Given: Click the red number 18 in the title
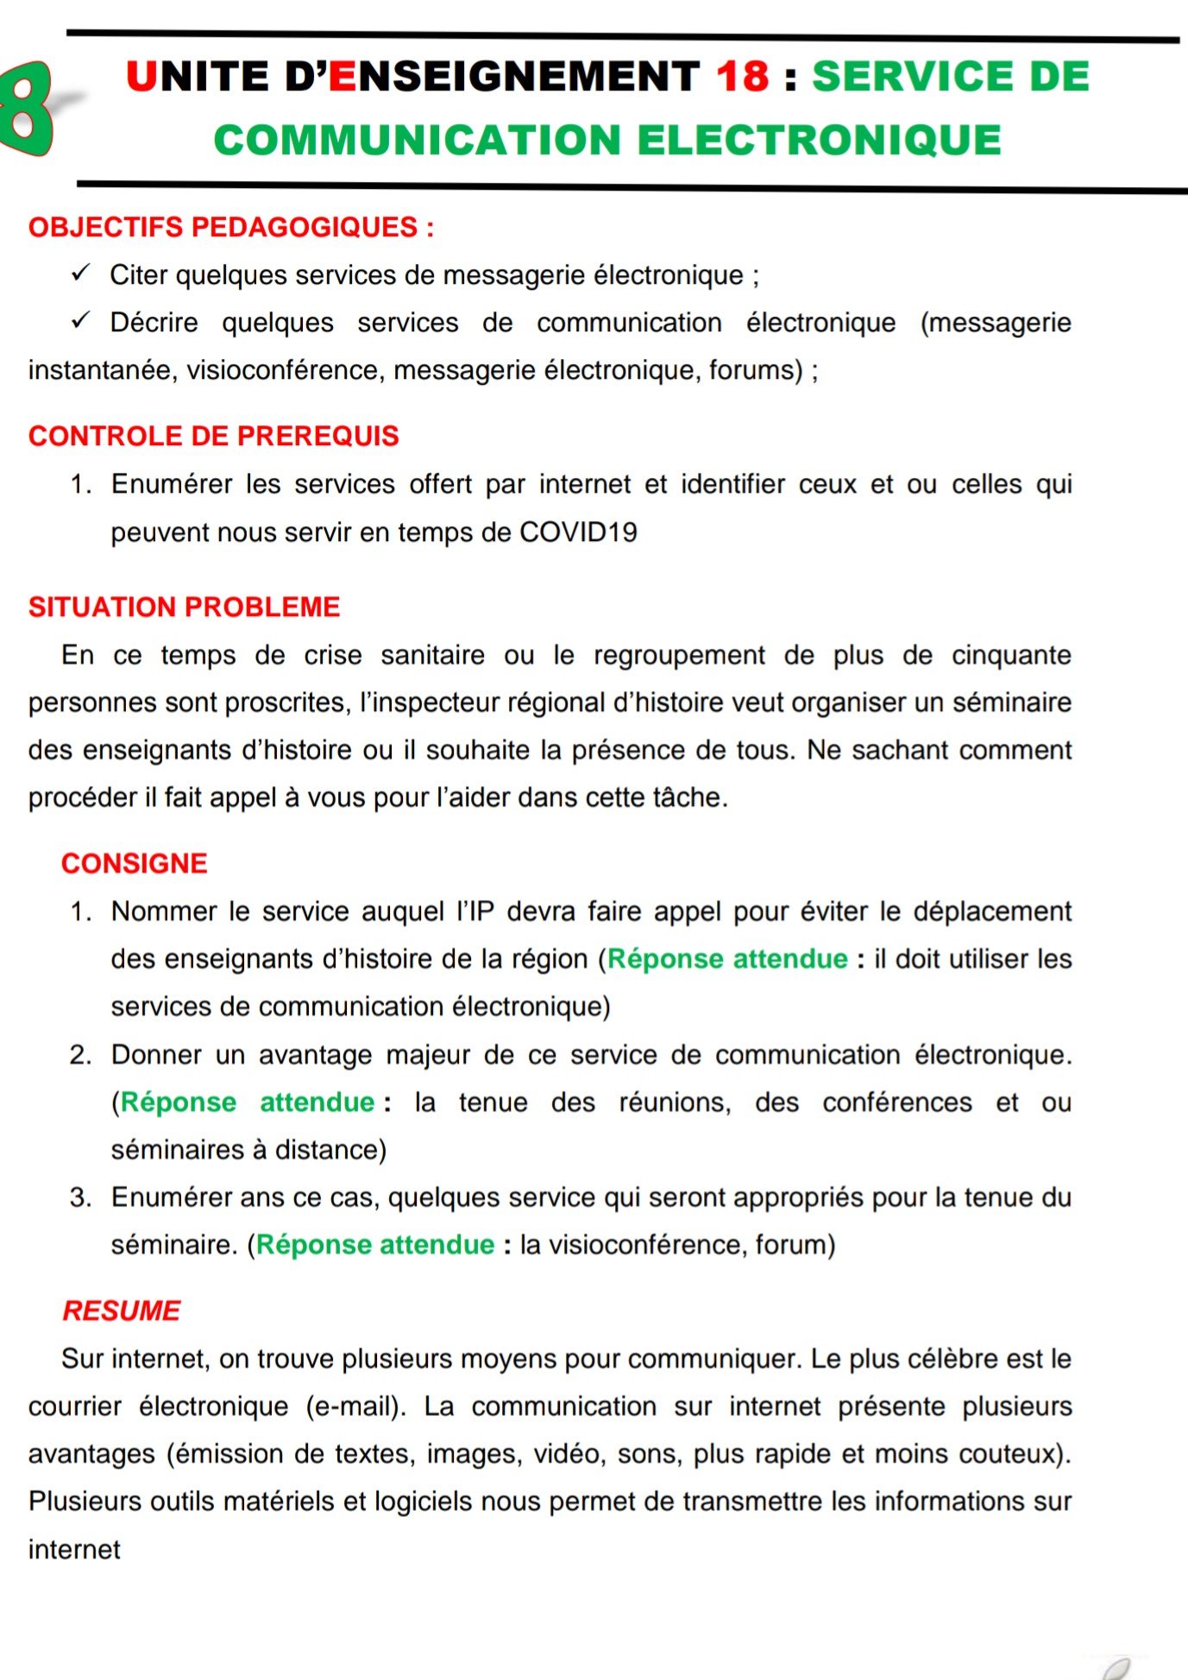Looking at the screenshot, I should [742, 76].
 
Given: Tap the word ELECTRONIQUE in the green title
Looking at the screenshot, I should [819, 141].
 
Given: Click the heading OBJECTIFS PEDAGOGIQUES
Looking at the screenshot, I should [231, 227].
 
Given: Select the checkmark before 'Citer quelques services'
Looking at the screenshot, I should [81, 274].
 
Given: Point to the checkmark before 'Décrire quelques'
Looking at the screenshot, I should [81, 321].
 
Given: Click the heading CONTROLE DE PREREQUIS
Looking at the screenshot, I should [214, 436].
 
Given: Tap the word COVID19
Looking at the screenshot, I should [578, 532].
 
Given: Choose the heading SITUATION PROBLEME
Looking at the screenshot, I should [185, 607].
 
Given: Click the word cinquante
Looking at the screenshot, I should [1011, 655].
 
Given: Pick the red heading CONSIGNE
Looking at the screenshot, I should [135, 863].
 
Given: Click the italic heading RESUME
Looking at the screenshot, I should [122, 1311].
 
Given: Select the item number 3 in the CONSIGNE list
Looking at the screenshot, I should [80, 1197].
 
